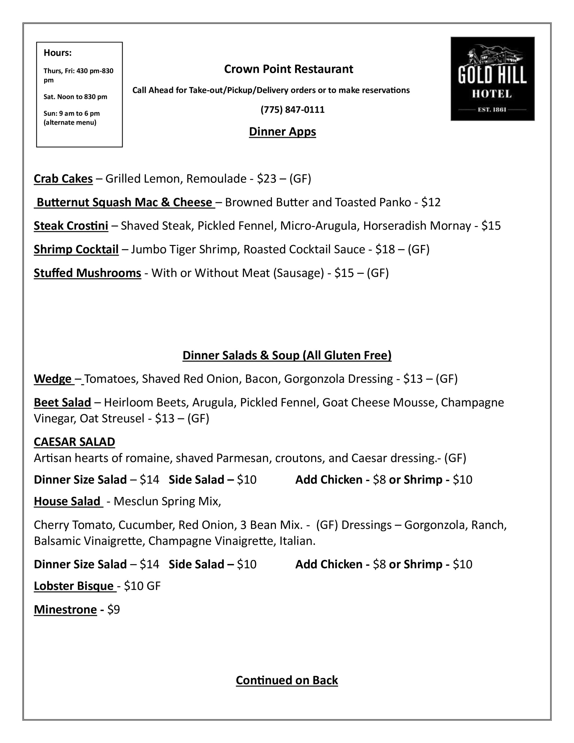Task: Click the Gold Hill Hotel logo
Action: (x=492, y=79)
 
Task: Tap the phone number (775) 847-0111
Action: (x=292, y=109)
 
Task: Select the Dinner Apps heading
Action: (x=282, y=132)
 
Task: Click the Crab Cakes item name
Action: (x=63, y=178)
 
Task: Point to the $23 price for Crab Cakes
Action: (x=266, y=178)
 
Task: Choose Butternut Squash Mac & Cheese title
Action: (x=124, y=202)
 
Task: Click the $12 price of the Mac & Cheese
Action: (x=430, y=202)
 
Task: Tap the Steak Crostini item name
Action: (x=71, y=226)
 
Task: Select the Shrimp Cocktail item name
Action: (x=76, y=249)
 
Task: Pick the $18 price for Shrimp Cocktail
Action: (x=385, y=249)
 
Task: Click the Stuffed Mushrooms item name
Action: (x=87, y=273)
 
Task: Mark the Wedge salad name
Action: (x=53, y=379)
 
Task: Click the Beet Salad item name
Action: (x=63, y=403)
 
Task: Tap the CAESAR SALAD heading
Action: (x=75, y=442)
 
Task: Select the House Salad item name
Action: (x=67, y=502)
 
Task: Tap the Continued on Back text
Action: (x=287, y=680)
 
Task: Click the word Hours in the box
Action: (x=57, y=53)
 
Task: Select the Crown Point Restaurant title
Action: (x=288, y=69)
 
